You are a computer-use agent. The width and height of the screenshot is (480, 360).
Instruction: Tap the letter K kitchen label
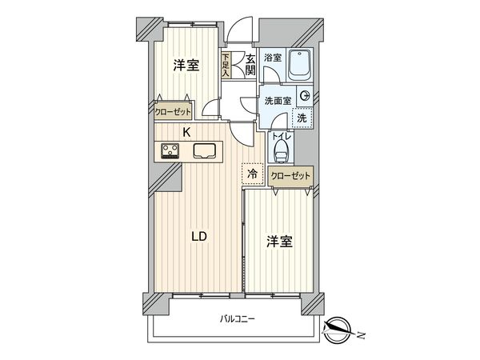(186, 133)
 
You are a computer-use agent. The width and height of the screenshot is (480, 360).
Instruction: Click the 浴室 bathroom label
(273, 58)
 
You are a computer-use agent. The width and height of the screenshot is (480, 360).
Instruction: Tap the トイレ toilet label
(279, 137)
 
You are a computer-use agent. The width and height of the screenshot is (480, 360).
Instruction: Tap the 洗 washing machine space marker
(302, 118)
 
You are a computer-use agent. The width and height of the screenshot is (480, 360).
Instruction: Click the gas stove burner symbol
(170, 150)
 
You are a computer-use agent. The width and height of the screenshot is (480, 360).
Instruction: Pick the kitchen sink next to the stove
(203, 150)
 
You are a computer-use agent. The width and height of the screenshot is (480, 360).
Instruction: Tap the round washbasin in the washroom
(305, 96)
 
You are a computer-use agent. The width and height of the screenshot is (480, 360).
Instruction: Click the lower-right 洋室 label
(279, 242)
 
